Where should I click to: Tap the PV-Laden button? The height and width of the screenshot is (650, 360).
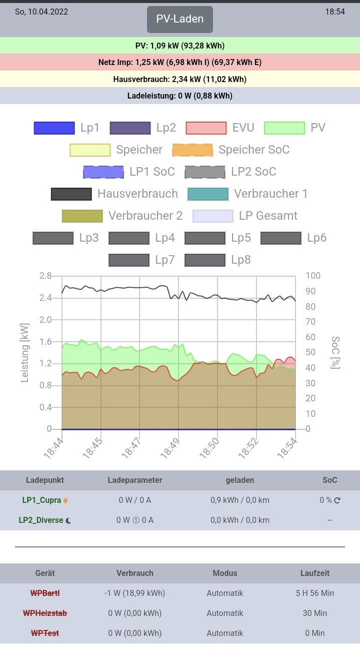tap(180, 20)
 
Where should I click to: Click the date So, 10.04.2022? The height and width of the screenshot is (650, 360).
tap(41, 12)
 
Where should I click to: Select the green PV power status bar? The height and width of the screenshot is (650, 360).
tap(180, 46)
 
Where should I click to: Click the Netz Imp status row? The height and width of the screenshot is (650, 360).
tap(180, 63)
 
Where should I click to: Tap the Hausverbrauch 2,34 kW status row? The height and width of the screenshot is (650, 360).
tap(180, 79)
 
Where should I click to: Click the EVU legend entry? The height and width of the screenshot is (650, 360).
tap(220, 128)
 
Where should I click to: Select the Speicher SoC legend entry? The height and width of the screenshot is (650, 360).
tap(231, 150)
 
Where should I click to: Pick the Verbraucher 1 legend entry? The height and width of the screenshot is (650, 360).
tap(248, 194)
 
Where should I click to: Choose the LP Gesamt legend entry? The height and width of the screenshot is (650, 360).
tap(245, 216)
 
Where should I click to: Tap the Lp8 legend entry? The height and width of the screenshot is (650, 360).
tap(218, 260)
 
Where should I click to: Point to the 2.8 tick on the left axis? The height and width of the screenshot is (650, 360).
tap(45, 276)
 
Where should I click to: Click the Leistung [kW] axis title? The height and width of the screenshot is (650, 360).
tap(25, 352)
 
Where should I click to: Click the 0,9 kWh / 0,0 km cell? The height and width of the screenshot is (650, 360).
tap(240, 500)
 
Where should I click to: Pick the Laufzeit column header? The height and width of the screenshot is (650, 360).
tap(315, 573)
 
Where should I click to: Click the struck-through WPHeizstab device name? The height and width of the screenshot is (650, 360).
tap(45, 613)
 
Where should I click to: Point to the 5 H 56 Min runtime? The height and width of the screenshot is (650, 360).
tap(315, 593)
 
